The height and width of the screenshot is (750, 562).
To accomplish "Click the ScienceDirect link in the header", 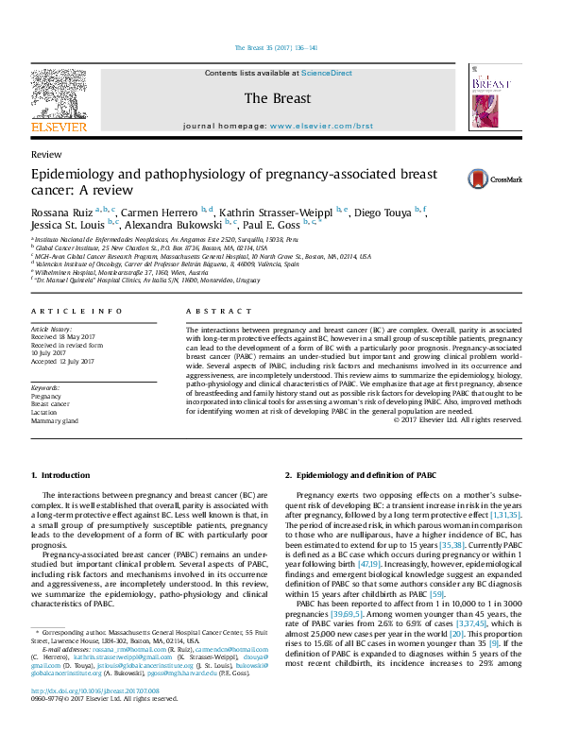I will coord(327,73).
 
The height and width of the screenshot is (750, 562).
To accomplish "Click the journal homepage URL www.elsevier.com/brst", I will coord(321,125).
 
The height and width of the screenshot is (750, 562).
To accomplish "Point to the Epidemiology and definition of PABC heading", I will coord(366,475).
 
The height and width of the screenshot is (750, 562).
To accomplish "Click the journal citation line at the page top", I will coord(281,47).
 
